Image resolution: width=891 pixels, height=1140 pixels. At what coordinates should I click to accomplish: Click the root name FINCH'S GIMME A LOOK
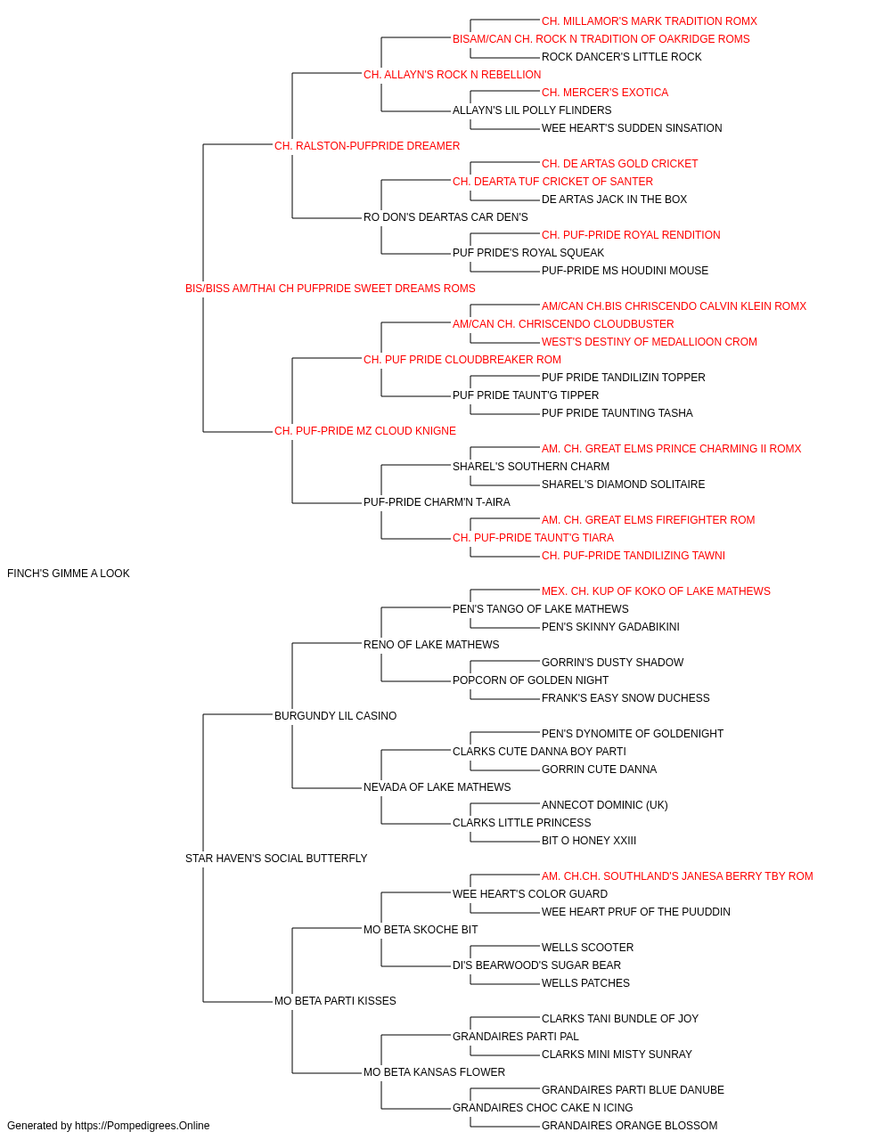69,574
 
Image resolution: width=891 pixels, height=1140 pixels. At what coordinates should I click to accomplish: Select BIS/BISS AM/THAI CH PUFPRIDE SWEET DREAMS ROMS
330,289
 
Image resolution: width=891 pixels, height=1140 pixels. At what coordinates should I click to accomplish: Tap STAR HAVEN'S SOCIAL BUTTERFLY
276,859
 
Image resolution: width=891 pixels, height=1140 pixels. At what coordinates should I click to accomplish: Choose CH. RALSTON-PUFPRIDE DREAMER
367,146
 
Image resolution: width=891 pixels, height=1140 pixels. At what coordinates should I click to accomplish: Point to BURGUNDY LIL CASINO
335,715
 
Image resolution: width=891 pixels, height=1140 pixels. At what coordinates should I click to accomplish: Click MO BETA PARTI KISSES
335,1000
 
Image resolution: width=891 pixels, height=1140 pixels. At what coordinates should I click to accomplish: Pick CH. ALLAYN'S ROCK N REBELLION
452,75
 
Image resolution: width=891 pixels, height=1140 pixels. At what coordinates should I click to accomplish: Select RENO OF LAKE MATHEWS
431,644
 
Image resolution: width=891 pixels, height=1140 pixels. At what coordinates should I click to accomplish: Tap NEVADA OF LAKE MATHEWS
437,787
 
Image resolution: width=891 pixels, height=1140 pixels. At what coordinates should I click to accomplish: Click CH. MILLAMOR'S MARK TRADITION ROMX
650,21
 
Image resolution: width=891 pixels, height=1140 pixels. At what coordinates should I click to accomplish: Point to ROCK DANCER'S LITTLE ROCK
621,57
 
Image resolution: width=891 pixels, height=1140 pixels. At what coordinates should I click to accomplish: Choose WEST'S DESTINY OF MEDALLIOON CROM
650,341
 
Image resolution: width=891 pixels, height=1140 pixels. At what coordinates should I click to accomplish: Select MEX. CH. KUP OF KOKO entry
656,590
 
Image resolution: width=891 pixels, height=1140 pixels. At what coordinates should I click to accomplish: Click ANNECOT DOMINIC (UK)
604,805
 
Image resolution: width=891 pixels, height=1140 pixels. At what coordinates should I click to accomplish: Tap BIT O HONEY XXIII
589,841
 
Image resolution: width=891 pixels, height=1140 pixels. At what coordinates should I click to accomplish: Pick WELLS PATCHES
585,982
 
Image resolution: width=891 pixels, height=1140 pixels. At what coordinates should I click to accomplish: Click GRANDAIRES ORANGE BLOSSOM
629,1126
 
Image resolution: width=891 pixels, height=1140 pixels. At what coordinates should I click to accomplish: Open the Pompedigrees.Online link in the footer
142,1126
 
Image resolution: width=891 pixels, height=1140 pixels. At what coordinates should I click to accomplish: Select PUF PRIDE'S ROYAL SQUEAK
527,253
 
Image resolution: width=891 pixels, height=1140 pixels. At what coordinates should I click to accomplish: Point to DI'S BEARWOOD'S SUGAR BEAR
536,965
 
